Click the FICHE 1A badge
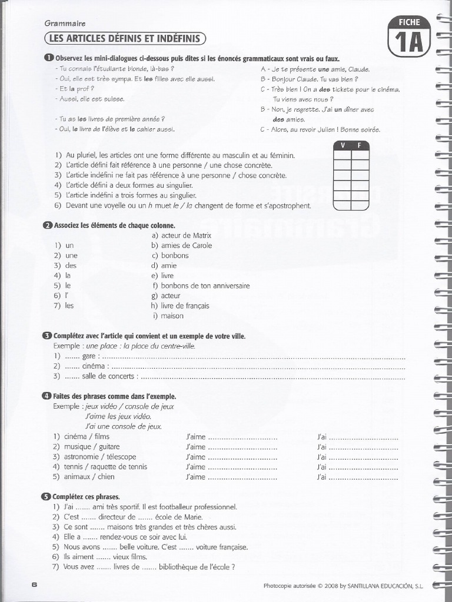[409, 35]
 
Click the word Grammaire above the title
[65, 24]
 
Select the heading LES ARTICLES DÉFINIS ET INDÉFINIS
[125, 39]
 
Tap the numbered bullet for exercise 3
[47, 336]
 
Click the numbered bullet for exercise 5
[47, 496]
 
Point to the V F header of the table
[351, 145]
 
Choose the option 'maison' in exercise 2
[172, 316]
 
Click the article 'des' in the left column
[71, 265]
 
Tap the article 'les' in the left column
[69, 306]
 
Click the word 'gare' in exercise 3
[89, 356]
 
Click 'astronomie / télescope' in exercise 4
[100, 457]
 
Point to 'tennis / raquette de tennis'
[106, 467]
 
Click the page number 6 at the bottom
[35, 584]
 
